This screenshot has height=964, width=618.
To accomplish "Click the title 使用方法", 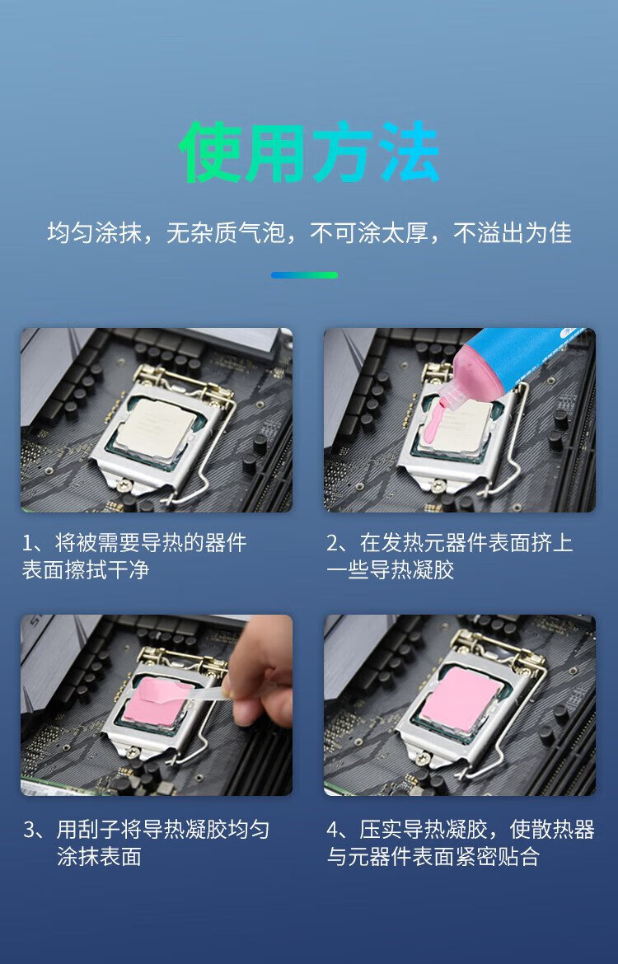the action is point(309,152).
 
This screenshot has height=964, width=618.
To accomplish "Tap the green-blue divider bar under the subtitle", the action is point(304,275).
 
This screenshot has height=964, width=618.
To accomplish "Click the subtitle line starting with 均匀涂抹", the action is point(309,232).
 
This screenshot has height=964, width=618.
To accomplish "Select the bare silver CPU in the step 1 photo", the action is point(157,426).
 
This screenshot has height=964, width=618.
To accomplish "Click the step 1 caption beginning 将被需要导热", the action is point(134,556).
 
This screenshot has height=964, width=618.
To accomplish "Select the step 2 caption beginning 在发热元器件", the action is point(450,556).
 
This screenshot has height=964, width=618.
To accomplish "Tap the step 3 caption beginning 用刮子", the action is point(147,842).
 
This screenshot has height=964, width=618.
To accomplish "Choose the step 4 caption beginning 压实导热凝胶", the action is point(461,842).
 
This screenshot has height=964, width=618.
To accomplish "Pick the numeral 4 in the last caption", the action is point(333,830).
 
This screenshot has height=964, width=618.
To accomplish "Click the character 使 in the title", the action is point(209,152).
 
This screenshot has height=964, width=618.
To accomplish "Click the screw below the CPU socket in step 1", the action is point(122,484).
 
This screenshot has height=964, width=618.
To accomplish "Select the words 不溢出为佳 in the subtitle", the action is point(513,232).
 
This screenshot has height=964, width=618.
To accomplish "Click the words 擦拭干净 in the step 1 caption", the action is point(108,569).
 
